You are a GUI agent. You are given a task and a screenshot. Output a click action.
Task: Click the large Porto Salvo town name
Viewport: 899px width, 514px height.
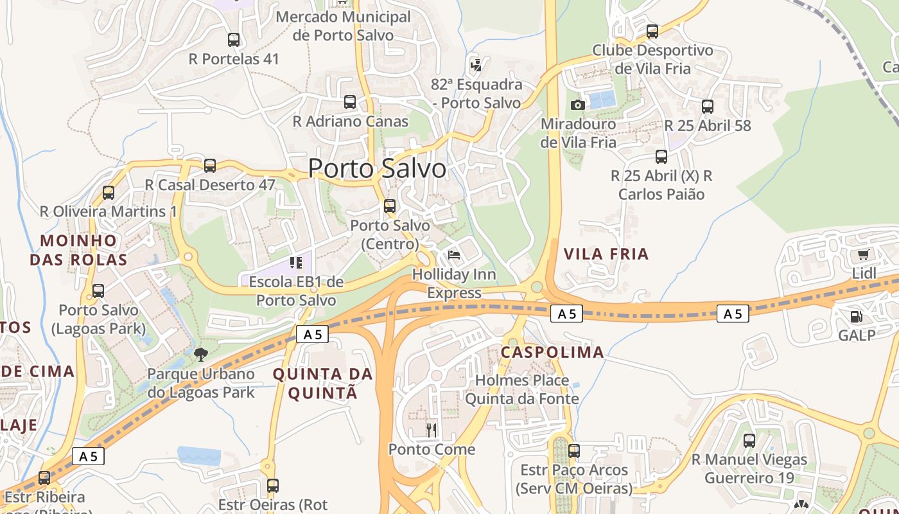point(377,168)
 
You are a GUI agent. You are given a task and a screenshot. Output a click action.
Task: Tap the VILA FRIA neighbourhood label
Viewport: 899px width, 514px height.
point(606,254)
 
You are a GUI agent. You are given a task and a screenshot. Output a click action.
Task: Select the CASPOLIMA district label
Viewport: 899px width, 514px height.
point(552,352)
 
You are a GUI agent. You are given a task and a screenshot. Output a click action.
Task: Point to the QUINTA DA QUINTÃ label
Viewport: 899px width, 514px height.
point(322,383)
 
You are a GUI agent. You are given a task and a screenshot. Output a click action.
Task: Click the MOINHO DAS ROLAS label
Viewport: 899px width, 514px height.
point(83,250)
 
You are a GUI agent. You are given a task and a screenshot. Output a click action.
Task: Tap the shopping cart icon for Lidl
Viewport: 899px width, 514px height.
point(864,254)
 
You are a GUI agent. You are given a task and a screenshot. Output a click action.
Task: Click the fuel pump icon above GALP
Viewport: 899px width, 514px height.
point(856,316)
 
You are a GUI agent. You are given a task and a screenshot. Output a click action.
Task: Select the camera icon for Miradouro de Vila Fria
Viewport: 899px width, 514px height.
point(577,105)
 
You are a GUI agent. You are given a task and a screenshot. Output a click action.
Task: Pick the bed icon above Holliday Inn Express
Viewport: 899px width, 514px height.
point(454,255)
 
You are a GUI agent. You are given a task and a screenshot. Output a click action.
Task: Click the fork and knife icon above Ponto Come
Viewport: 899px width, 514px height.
point(432,429)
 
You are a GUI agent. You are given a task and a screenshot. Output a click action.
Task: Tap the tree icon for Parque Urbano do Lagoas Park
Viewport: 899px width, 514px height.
point(201,354)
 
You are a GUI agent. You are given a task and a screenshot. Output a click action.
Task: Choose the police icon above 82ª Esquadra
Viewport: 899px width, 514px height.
point(476,65)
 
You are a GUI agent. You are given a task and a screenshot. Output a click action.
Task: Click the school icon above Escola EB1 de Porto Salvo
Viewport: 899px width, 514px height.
point(295,262)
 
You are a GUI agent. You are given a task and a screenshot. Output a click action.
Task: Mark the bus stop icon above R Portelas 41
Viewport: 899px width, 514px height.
point(234,40)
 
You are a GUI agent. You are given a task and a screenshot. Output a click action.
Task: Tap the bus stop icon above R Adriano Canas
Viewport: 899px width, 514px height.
point(350,102)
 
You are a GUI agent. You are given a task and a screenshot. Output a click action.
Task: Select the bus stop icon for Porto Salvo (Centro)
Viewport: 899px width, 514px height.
point(390,206)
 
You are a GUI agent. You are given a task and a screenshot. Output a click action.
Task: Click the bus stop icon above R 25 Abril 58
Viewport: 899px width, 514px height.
point(707,107)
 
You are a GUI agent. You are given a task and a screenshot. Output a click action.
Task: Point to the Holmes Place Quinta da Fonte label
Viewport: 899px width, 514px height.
point(522,389)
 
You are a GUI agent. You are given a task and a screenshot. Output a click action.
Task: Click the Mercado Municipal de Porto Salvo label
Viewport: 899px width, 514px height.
point(343,26)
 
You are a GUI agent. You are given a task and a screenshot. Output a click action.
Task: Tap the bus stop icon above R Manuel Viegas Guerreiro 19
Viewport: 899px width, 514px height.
point(749,441)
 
